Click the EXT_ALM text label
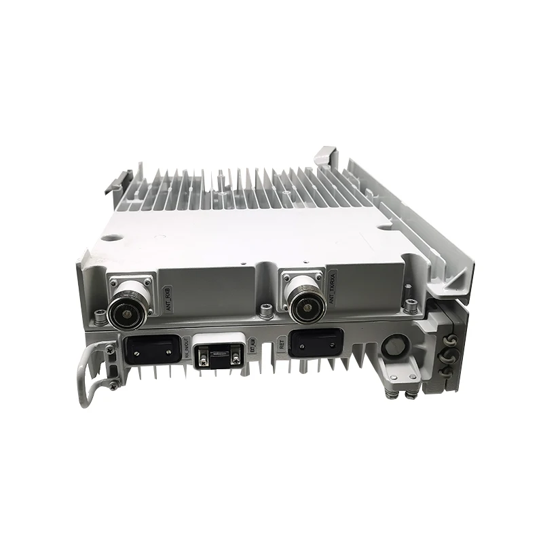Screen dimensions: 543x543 point(254,352)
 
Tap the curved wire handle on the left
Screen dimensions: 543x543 point(85,377)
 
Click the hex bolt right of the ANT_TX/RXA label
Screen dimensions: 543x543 point(410,297)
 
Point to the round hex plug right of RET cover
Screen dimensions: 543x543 point(394,344)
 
